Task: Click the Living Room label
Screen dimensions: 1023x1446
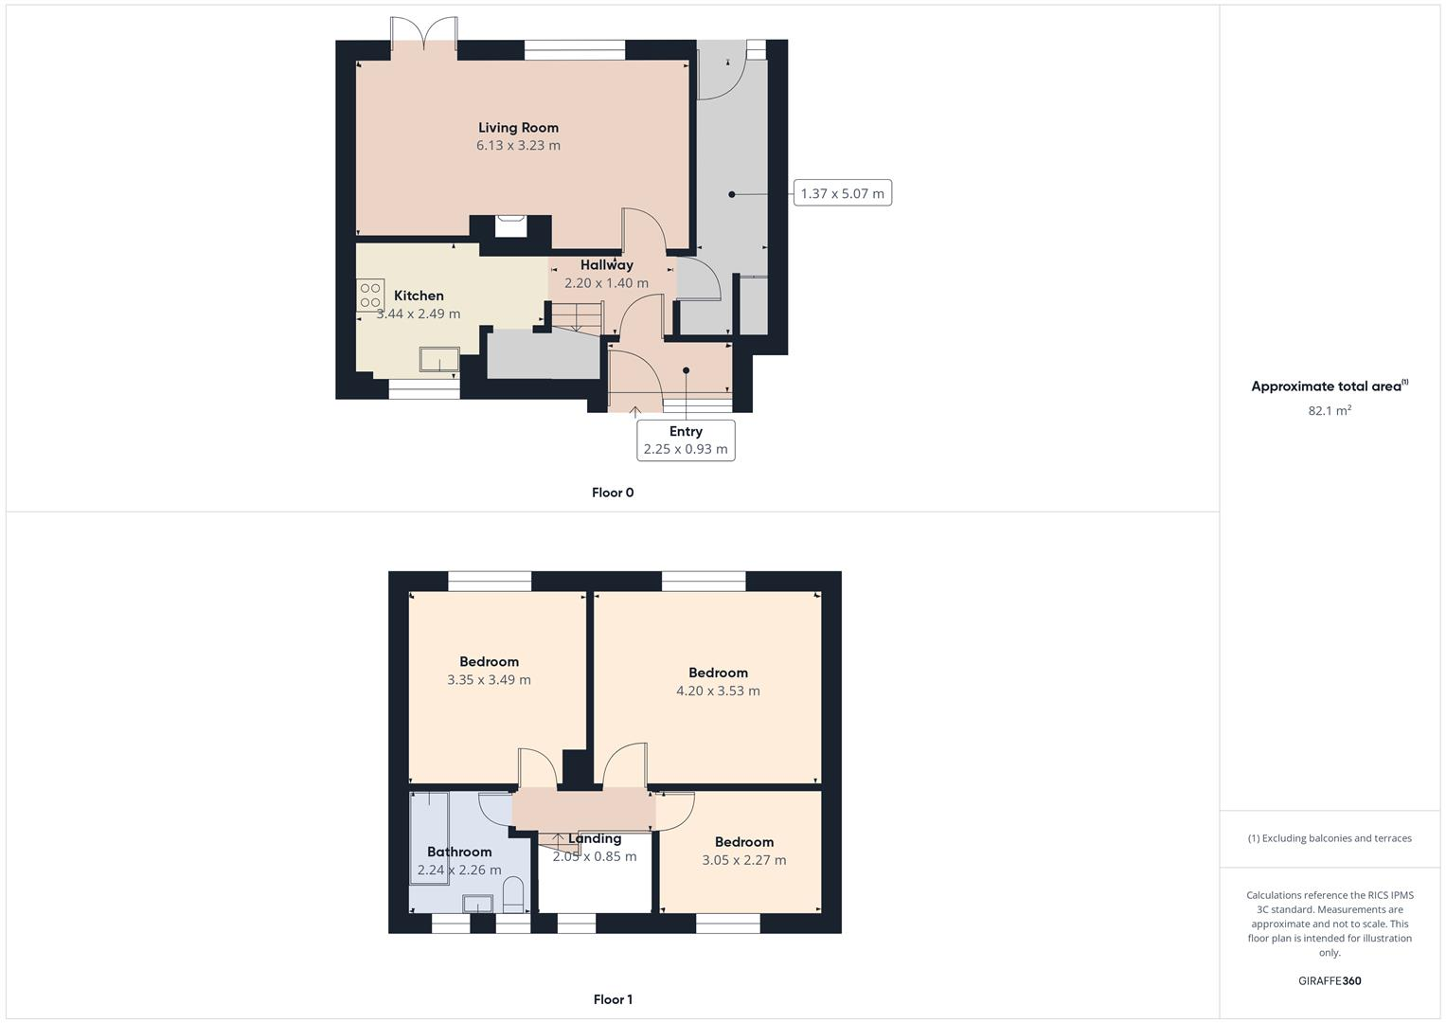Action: click(518, 128)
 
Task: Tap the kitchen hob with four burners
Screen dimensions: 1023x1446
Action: click(370, 296)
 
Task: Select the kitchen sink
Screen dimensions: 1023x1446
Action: click(439, 361)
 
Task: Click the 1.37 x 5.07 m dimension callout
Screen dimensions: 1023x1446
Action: click(842, 194)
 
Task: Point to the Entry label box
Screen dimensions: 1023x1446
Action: click(686, 440)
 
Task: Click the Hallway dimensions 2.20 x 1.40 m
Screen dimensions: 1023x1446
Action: click(606, 283)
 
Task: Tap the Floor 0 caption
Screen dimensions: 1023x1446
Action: click(613, 493)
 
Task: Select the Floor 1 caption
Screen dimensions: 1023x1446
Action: click(613, 999)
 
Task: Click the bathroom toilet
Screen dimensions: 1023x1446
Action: click(513, 893)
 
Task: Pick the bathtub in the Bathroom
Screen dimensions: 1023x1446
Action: click(429, 838)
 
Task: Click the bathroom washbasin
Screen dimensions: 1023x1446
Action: click(478, 903)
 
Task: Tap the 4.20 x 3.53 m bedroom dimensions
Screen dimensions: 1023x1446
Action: click(718, 691)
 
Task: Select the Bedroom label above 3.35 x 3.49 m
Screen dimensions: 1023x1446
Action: click(489, 662)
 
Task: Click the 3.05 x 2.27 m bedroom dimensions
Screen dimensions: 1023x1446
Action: click(743, 860)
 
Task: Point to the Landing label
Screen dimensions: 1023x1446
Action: click(595, 839)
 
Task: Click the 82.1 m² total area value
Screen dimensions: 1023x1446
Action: click(1330, 410)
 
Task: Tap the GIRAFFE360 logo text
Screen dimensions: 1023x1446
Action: click(1330, 981)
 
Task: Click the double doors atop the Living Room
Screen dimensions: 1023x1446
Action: click(425, 33)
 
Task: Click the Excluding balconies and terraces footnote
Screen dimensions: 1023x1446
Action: click(1330, 838)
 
